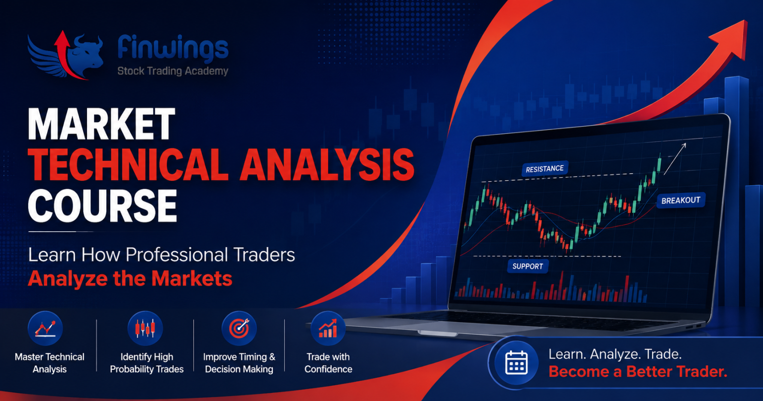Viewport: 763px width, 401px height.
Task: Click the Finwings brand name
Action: click(173, 48)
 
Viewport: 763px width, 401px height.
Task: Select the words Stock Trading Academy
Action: click(173, 71)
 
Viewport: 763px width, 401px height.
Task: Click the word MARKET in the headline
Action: click(101, 124)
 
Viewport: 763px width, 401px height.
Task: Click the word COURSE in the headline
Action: click(102, 206)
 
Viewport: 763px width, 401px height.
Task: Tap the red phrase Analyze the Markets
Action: click(130, 278)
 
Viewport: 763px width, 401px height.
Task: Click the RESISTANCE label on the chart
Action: click(545, 169)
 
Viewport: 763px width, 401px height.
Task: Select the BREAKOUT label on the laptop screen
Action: click(681, 200)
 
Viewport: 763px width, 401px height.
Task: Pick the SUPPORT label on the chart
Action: click(528, 266)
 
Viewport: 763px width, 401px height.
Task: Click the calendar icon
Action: click(517, 363)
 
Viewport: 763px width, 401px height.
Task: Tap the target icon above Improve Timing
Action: click(239, 328)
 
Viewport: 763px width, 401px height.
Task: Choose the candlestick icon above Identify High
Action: click(146, 328)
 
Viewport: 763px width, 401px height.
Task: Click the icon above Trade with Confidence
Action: click(328, 328)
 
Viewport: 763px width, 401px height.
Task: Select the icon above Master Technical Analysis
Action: click(45, 328)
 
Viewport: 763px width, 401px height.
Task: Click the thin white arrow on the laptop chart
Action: click(675, 159)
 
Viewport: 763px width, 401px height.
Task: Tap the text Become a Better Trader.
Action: click(638, 371)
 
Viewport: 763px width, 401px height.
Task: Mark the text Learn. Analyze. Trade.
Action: click(615, 354)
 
